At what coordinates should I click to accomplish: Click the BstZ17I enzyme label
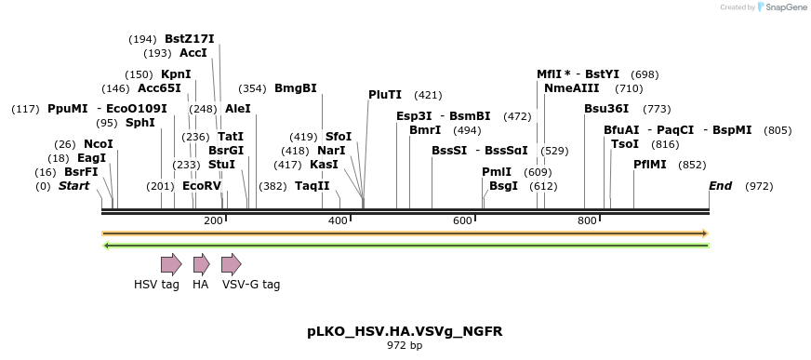(x=189, y=39)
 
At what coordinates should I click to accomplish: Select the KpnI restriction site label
(x=176, y=74)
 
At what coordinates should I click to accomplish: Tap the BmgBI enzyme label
(x=295, y=88)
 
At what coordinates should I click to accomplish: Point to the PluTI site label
(x=385, y=95)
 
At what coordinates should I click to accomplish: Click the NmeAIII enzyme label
(x=571, y=88)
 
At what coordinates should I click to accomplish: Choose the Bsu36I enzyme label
(x=606, y=109)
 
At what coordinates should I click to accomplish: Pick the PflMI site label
(x=650, y=165)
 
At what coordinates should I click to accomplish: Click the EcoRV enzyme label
(x=202, y=186)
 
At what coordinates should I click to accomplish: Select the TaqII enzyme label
(x=313, y=186)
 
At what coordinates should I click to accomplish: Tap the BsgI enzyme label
(x=503, y=186)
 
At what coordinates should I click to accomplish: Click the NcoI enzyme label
(x=98, y=144)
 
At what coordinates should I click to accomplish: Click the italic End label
(x=721, y=186)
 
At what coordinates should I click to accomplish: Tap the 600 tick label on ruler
(x=462, y=220)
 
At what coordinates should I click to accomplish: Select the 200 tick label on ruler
(x=213, y=220)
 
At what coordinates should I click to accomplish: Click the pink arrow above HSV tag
(x=171, y=264)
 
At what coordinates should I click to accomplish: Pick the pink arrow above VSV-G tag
(x=231, y=264)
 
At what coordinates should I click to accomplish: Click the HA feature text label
(x=200, y=285)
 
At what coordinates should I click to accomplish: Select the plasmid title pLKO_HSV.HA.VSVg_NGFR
(x=405, y=331)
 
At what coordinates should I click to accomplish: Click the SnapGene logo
(x=782, y=7)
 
